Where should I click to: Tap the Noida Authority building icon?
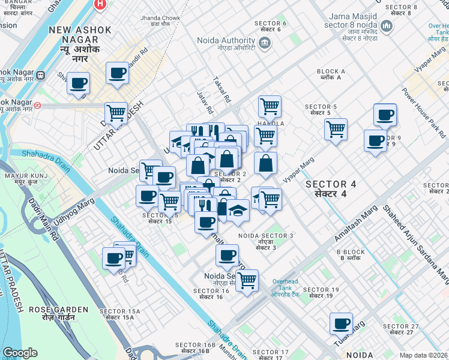(265, 42)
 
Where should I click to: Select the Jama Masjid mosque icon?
(386, 27)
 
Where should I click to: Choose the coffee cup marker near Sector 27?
(341, 323)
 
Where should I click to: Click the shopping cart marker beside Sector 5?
(336, 128)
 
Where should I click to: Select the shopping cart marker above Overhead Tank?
(247, 280)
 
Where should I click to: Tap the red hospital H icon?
(101, 4)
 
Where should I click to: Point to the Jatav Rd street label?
(205, 103)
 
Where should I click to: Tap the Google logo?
(20, 353)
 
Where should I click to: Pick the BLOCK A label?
(331, 74)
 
